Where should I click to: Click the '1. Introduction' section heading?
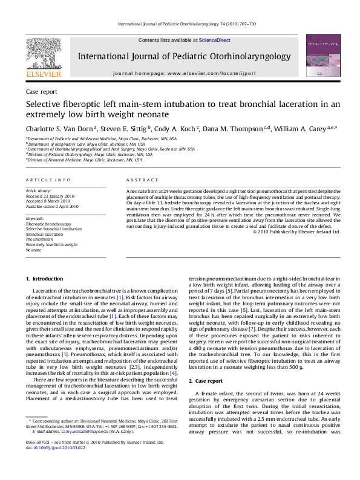pos(42,278)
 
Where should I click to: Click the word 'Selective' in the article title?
pos(44,104)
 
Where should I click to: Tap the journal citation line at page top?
pos(179,24)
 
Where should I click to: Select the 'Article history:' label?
pos(39,190)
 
